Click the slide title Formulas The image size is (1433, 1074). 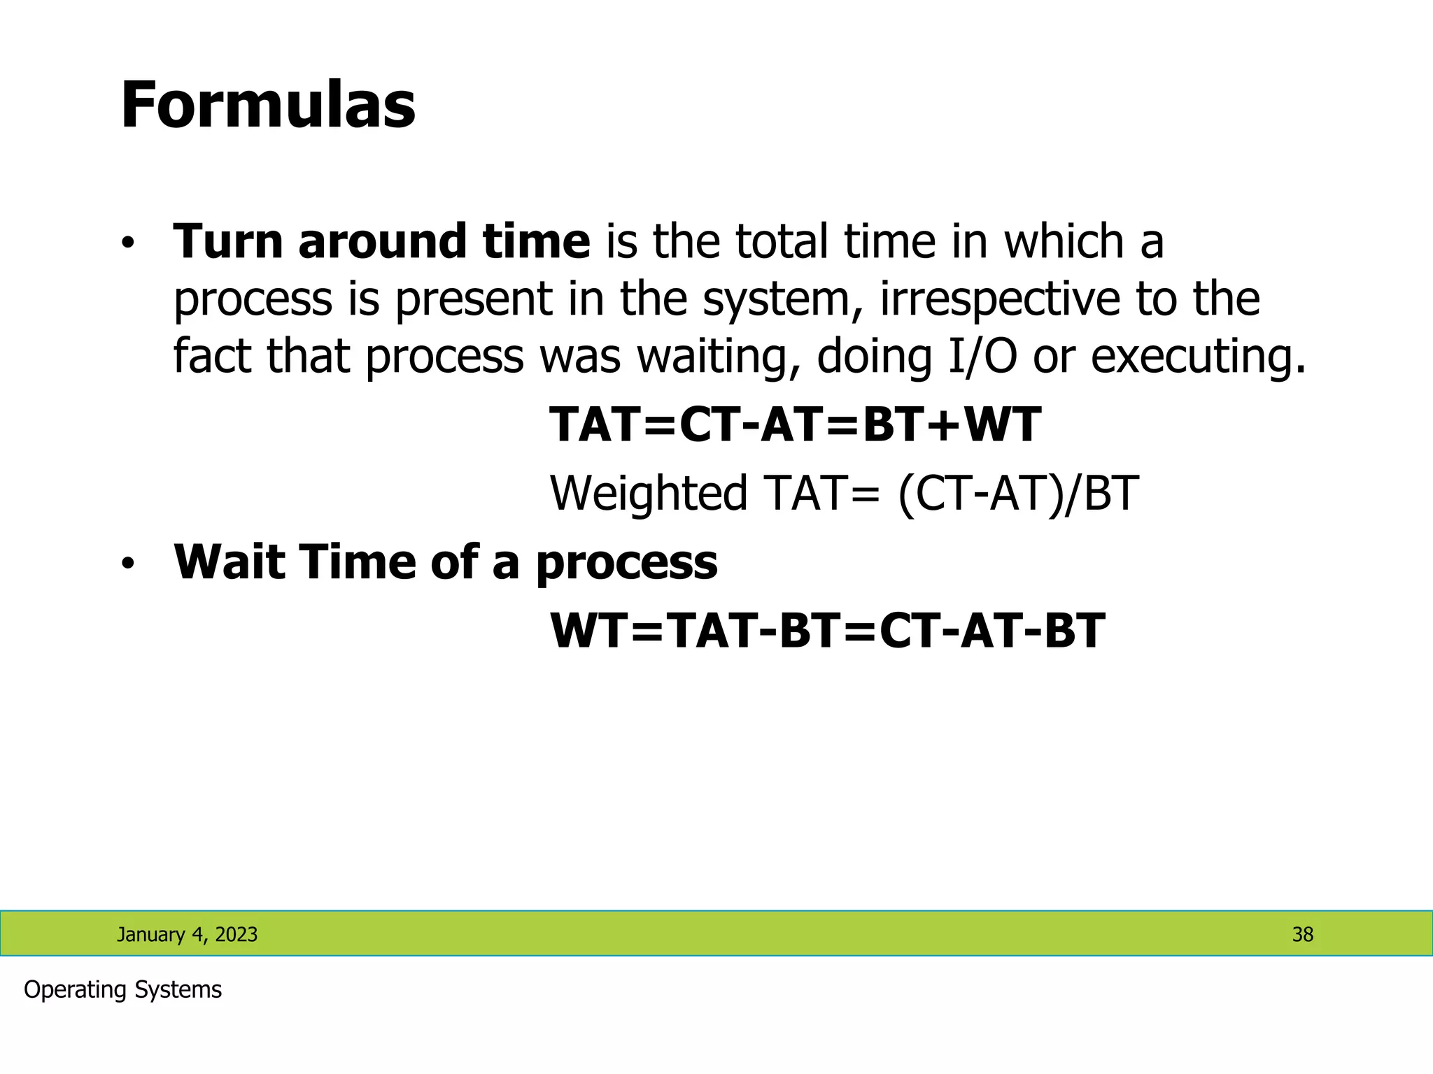(268, 106)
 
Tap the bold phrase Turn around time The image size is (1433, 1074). (381, 241)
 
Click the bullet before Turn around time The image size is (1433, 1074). (127, 244)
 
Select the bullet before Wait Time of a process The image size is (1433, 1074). (127, 564)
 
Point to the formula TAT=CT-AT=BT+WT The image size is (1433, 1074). (795, 425)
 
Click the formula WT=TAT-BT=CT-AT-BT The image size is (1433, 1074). (827, 631)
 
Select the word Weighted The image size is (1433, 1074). (649, 494)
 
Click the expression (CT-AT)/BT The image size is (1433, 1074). (1018, 494)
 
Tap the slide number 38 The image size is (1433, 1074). (1302, 934)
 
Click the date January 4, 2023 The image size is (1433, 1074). (187, 934)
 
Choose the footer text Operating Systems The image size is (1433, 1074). (122, 990)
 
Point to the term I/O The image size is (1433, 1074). (982, 357)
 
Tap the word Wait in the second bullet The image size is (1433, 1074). (230, 563)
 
